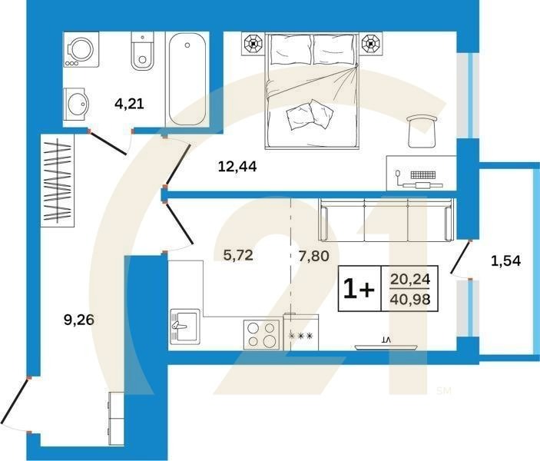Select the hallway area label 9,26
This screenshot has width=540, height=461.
[x=79, y=320]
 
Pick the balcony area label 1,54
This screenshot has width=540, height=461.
[x=505, y=260]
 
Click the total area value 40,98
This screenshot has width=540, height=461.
[x=411, y=298]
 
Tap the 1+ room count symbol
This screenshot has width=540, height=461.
[x=358, y=289]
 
